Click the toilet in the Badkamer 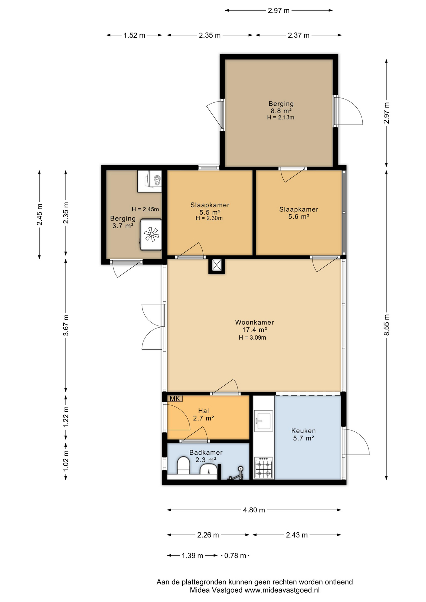(x=184, y=466)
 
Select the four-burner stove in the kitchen (x=264, y=467)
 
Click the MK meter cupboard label (x=175, y=399)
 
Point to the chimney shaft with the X (x=216, y=265)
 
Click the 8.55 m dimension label (x=386, y=325)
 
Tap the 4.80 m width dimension (x=254, y=510)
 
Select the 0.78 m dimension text (x=235, y=556)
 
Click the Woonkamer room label (x=254, y=322)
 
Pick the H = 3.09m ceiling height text (x=252, y=338)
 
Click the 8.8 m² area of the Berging (x=281, y=111)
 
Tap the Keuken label (x=303, y=431)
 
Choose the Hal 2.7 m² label (x=203, y=415)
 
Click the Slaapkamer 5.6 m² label (x=299, y=213)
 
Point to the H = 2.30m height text (x=209, y=218)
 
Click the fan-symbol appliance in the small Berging (x=151, y=235)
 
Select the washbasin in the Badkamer (x=208, y=470)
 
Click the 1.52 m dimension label (x=134, y=35)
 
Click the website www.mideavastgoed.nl (x=282, y=590)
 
